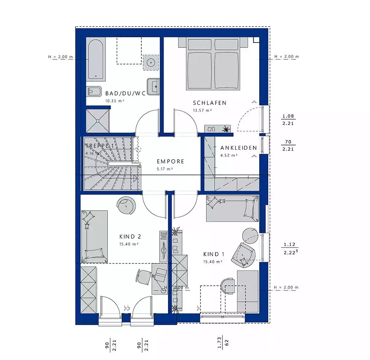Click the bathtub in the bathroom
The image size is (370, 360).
96,60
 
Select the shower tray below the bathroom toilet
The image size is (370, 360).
98,121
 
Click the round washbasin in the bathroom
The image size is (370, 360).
150,62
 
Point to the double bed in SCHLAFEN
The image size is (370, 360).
214,64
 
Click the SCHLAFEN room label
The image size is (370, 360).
210,103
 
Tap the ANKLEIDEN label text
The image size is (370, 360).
238,148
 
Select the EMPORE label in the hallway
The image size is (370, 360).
170,161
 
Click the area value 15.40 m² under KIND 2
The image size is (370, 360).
128,244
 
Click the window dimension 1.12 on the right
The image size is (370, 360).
288,244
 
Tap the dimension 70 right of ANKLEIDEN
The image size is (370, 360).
288,142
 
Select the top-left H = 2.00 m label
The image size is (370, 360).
61,57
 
